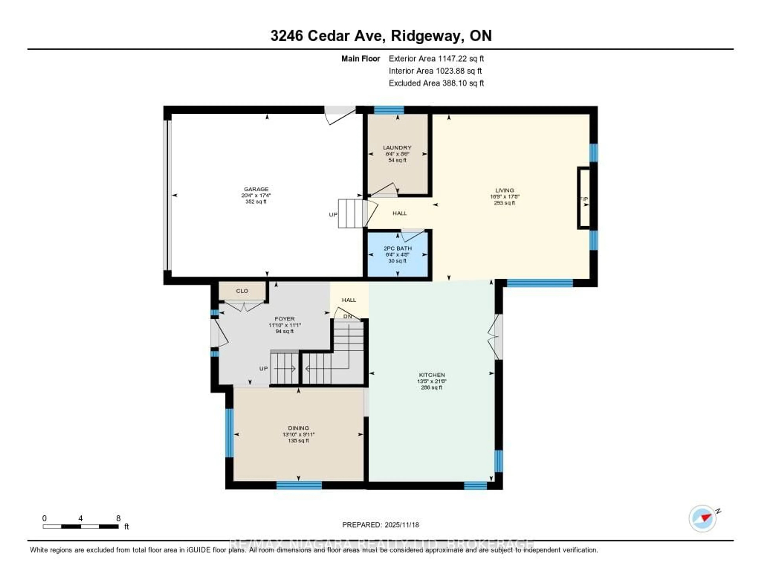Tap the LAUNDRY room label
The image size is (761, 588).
tap(397, 148)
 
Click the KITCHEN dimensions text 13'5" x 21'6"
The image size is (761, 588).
tap(432, 381)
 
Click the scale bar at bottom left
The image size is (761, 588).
tap(80, 526)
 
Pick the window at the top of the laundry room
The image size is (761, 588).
tap(389, 110)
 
